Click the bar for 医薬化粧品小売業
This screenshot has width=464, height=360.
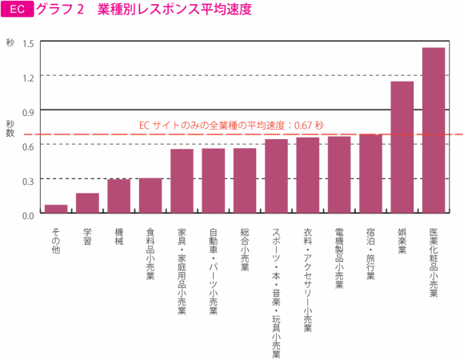coord(433,130)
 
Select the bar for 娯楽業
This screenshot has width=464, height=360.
coord(402,147)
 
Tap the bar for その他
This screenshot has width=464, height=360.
coord(55,210)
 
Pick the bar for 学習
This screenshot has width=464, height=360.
coord(87,203)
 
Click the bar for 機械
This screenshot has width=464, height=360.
coord(118,196)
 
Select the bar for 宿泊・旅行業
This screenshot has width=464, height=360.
coord(370,174)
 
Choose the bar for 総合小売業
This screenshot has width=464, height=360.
coord(245,181)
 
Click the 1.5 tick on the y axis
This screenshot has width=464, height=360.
coord(28,42)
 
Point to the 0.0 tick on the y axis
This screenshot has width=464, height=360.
coord(28,214)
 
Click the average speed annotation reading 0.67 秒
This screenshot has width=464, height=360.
coord(231,125)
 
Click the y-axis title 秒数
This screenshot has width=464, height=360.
coord(10,129)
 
